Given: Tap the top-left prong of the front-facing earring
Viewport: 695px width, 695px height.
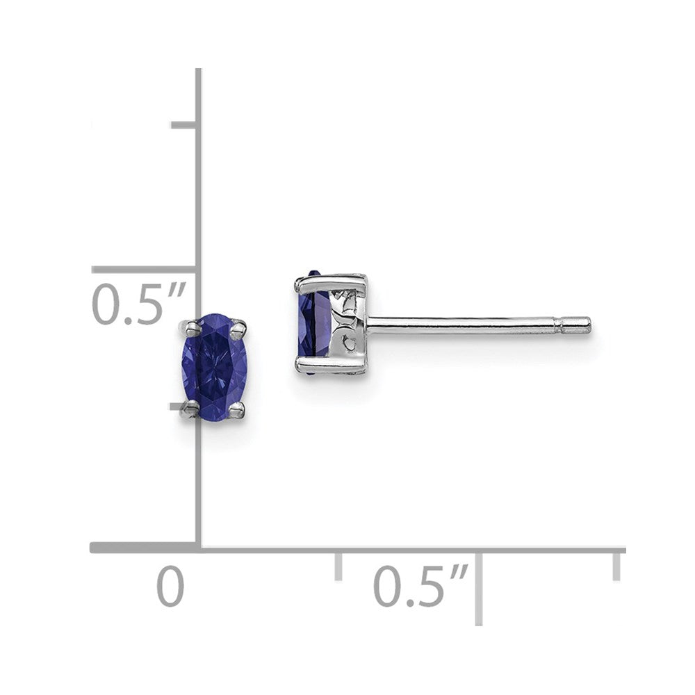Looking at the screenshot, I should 189,325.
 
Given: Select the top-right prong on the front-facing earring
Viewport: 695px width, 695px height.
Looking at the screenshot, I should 238,325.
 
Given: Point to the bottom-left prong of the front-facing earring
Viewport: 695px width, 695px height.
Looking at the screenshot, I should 189,410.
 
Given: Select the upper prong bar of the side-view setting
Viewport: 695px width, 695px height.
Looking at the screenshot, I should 331,281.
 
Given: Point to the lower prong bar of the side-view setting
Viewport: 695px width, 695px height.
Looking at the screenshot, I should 331,364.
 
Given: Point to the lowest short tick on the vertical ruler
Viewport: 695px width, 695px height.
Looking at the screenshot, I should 182,404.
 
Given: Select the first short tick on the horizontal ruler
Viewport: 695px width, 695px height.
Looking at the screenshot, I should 338,566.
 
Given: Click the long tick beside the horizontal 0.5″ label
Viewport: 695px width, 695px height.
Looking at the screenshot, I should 479,587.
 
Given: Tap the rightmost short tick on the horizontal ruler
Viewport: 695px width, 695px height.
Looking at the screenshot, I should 616,564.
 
